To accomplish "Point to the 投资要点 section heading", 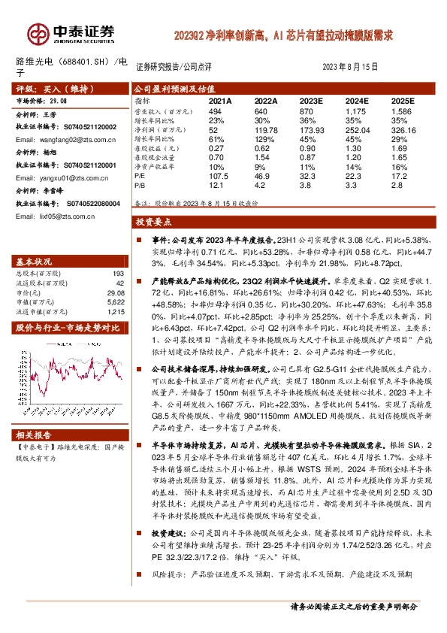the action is (x=153, y=222).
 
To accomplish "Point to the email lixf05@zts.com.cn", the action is (x=50, y=216).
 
